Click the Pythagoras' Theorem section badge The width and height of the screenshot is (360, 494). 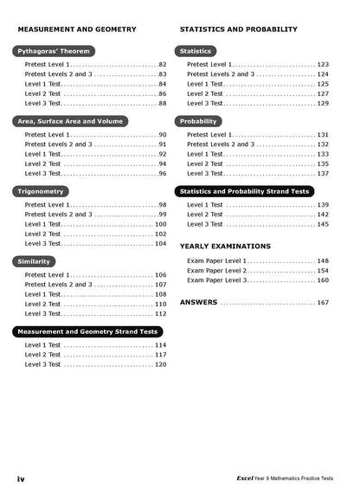(55, 51)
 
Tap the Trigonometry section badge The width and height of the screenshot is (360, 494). (41, 190)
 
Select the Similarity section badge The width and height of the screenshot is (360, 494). (35, 260)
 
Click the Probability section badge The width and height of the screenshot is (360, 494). (199, 121)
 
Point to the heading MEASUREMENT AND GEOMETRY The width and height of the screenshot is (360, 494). (77, 29)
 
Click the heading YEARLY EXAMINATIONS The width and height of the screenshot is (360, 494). (225, 247)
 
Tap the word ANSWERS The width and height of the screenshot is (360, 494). (198, 303)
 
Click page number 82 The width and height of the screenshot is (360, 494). (162, 65)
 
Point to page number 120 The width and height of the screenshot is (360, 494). (160, 364)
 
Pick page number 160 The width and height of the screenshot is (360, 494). (323, 280)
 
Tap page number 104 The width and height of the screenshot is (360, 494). (160, 244)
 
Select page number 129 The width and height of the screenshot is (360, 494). (323, 103)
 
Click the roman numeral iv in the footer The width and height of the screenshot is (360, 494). (21, 478)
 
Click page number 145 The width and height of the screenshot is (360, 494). (323, 224)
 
